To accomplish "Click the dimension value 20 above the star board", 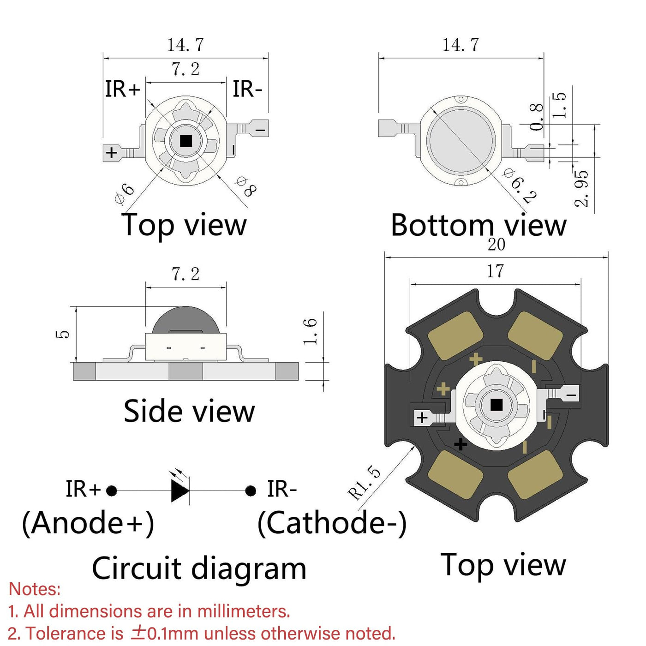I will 496,245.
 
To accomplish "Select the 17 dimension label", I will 495,271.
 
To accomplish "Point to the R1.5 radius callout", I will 364,483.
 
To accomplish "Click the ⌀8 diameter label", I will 245,186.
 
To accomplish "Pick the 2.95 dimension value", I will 582,188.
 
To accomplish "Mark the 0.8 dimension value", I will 536,117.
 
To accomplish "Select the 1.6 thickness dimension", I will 310,331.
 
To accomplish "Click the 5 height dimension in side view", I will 63,334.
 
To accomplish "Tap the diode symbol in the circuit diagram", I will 179,490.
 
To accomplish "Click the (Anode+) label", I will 88,523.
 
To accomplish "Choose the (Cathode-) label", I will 332,523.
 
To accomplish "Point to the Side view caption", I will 189,411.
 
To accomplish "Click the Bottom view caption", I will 479,225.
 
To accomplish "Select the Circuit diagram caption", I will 199,568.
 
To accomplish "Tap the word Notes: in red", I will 35,589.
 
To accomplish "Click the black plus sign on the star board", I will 461,444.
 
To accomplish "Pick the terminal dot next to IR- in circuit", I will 251,490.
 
